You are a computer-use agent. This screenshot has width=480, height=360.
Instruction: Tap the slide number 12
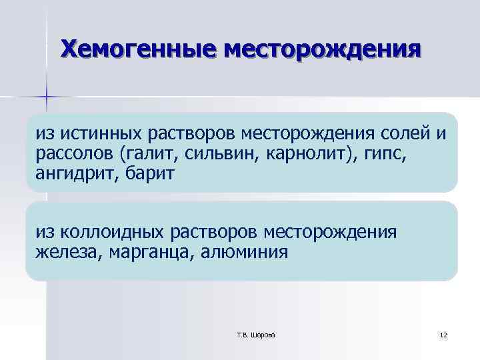pyautogui.click(x=443, y=333)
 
